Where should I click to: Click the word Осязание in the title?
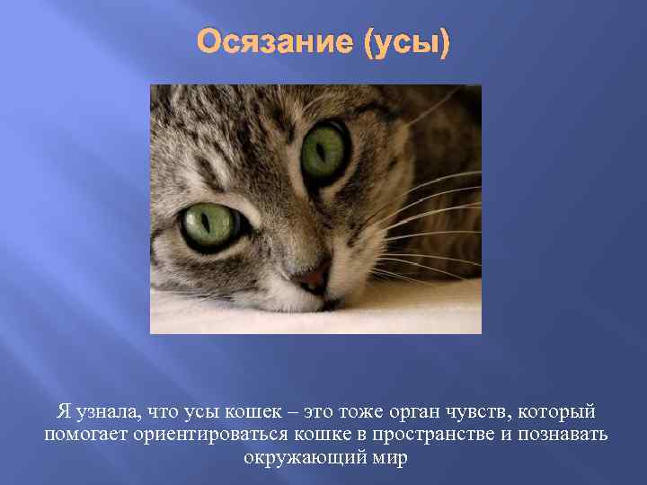(277, 42)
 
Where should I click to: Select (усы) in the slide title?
(405, 42)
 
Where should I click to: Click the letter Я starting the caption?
(63, 412)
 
